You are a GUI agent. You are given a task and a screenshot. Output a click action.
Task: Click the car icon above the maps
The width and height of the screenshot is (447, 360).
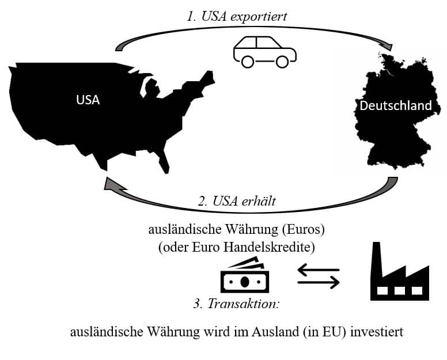click(264, 50)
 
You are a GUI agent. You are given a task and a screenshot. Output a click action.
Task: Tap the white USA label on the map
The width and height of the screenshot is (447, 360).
click(88, 100)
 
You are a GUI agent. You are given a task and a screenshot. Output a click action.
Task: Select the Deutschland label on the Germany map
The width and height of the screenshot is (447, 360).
click(395, 106)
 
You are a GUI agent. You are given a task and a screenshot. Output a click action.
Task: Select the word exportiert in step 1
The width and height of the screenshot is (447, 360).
click(259, 16)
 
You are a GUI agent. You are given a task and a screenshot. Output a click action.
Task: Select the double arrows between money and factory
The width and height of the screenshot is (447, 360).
click(319, 275)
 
